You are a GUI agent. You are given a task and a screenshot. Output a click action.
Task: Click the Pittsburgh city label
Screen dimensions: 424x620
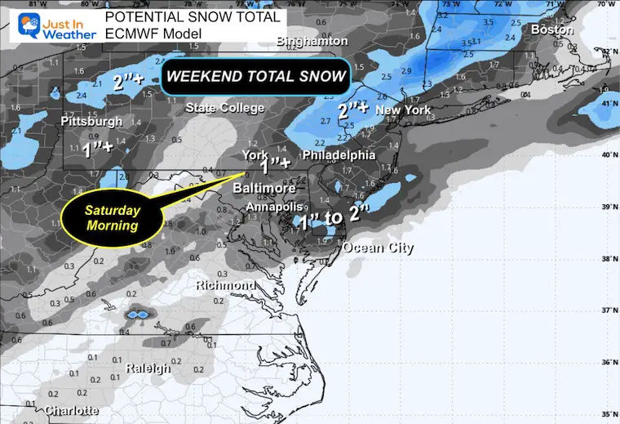pos(92,122)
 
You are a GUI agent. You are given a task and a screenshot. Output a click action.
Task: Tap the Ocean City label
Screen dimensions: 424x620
pos(378,248)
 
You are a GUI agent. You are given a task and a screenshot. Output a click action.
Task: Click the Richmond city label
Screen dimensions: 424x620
pos(226,286)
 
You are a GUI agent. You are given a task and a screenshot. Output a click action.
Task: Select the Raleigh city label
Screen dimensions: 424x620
pos(148,368)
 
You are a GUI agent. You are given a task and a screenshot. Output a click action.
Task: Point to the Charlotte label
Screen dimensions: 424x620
pos(73,410)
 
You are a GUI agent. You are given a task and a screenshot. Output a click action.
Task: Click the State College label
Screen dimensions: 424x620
pos(225,108)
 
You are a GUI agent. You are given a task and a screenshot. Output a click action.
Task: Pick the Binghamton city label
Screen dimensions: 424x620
pos(312,41)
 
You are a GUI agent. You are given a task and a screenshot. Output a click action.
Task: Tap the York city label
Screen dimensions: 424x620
pos(255,154)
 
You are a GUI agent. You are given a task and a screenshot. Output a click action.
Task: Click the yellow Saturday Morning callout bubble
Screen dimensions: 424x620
pos(113,216)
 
